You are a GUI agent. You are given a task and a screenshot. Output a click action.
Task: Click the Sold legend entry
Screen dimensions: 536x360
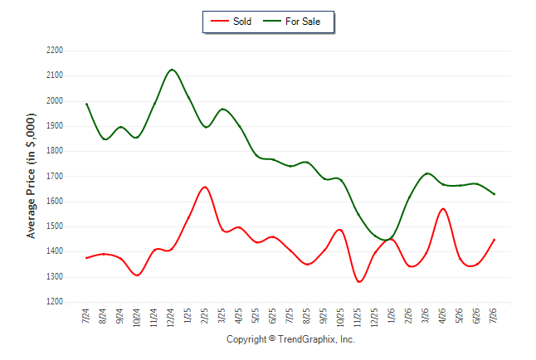coord(231,22)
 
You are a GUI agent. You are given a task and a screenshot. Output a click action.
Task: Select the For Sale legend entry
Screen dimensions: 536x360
coord(291,22)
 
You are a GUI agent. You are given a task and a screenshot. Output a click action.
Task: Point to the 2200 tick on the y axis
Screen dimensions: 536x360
coord(55,51)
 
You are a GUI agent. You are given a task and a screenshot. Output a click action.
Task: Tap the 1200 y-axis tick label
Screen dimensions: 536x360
coord(55,302)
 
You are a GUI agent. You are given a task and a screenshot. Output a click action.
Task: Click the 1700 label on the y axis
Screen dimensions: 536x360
coord(55,177)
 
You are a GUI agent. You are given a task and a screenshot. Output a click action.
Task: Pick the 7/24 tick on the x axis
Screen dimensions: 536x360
coord(85,315)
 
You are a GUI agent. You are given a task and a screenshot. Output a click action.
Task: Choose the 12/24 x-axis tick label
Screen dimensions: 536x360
coord(171,318)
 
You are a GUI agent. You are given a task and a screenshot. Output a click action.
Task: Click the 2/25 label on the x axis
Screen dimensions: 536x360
coord(205,315)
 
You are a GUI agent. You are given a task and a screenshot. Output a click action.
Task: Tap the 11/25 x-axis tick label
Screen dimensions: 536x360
coord(358,318)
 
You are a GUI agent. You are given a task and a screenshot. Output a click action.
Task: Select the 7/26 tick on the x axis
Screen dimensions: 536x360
coord(494,315)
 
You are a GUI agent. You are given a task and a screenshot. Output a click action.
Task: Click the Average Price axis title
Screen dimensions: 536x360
coord(31,176)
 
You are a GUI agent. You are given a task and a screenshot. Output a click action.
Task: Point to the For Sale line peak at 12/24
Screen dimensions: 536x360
coord(171,70)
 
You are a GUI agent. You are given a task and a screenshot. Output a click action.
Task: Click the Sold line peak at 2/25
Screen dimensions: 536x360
coord(205,187)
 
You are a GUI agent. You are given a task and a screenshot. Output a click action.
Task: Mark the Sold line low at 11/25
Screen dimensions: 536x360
coord(359,282)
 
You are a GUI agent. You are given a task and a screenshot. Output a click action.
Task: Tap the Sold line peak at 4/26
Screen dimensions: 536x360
coord(443,208)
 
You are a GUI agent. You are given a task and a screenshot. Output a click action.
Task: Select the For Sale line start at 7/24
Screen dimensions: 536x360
coord(86,104)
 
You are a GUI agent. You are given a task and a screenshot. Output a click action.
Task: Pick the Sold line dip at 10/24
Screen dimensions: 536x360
coord(138,275)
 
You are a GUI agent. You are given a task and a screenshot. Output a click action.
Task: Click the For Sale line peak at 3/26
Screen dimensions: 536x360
coord(427,173)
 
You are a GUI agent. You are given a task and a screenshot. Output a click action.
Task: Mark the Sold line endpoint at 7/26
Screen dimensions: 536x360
coord(494,240)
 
